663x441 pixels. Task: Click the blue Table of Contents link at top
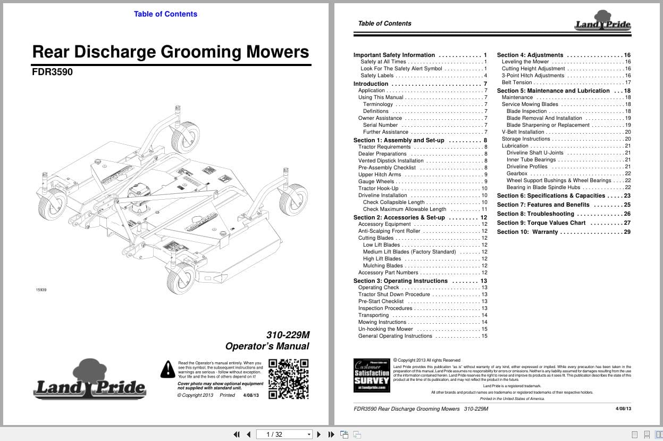click(165, 14)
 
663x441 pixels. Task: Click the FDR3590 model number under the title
click(52, 72)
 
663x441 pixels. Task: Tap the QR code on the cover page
click(288, 379)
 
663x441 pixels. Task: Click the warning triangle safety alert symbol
click(168, 369)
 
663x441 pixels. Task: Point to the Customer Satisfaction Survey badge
click(372, 375)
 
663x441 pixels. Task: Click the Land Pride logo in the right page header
click(602, 21)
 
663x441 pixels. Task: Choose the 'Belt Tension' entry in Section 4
click(517, 83)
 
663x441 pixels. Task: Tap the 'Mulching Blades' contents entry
click(383, 266)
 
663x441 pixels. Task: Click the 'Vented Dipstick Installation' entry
click(391, 161)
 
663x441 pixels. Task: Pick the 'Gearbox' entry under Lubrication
click(517, 174)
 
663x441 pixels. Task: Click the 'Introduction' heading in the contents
click(371, 84)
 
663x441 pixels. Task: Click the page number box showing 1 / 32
click(284, 434)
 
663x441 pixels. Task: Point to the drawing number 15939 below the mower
click(41, 290)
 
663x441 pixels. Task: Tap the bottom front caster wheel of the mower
click(180, 279)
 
